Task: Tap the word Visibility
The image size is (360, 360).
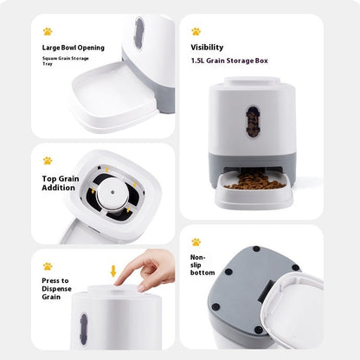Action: click(207, 48)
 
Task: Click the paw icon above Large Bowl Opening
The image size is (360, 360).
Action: click(47, 31)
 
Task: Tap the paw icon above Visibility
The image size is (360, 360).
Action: click(196, 31)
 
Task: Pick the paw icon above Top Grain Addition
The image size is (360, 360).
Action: click(47, 160)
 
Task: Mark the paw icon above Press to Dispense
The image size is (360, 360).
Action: click(47, 266)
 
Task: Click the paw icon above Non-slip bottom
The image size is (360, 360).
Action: click(196, 241)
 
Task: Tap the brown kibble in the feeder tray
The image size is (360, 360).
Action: click(255, 183)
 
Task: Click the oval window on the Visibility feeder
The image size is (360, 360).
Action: click(251, 120)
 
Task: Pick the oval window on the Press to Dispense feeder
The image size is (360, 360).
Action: click(83, 330)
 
